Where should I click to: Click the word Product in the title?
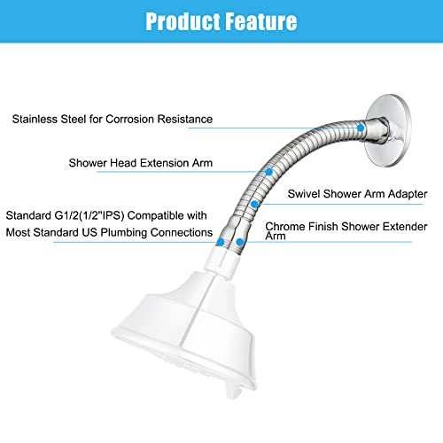183,20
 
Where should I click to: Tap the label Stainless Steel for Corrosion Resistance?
112,118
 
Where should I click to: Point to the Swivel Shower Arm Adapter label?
358,193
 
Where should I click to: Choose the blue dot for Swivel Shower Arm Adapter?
254,204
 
